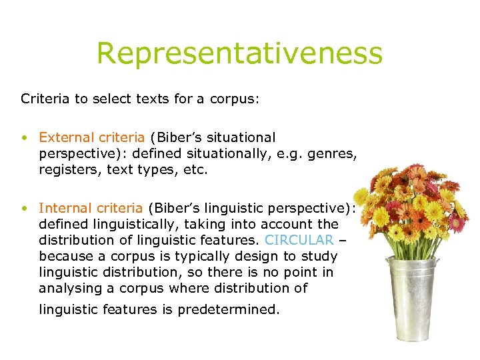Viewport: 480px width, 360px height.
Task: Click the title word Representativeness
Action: tap(239, 53)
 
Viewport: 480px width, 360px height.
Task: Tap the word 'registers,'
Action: tap(68, 169)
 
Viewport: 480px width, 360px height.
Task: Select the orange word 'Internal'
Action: tap(63, 208)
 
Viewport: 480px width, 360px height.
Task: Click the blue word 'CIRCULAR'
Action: tap(299, 240)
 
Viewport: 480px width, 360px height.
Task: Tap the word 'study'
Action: tap(320, 256)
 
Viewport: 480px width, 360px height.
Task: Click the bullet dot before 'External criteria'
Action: tap(24, 138)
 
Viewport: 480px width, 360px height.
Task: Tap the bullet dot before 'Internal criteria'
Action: tap(24, 209)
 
